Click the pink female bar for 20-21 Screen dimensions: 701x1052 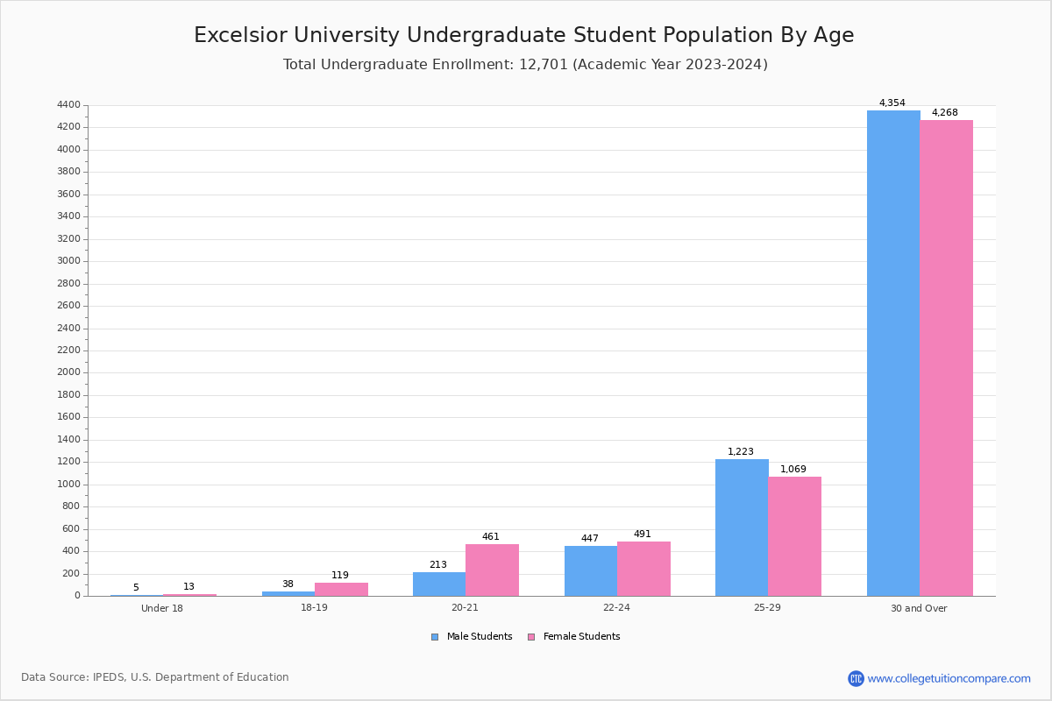[x=492, y=570]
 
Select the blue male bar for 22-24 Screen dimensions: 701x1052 [x=591, y=570]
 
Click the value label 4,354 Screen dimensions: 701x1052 [x=892, y=103]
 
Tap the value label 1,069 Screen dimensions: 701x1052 [x=793, y=470]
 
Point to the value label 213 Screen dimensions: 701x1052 [x=437, y=565]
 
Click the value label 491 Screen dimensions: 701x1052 [x=642, y=535]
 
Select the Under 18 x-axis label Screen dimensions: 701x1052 [x=162, y=608]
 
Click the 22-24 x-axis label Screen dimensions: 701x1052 [x=616, y=608]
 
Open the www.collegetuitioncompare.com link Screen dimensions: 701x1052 [x=949, y=678]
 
